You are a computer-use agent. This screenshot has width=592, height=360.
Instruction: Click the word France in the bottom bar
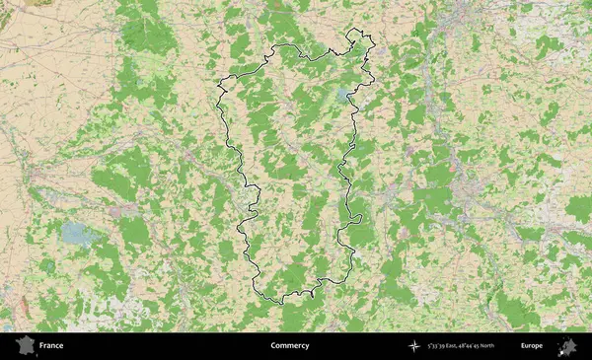[x=51, y=346]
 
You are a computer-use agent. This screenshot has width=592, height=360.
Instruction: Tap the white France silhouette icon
[x=23, y=346]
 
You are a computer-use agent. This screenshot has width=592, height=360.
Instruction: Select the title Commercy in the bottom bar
[x=289, y=346]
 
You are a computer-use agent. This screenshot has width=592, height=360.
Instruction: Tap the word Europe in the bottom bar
[x=532, y=346]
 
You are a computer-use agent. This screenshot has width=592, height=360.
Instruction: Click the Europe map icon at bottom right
[x=567, y=346]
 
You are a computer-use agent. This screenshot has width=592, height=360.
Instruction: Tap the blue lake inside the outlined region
[x=342, y=95]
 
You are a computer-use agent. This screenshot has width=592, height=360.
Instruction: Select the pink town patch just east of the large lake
[x=124, y=211]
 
